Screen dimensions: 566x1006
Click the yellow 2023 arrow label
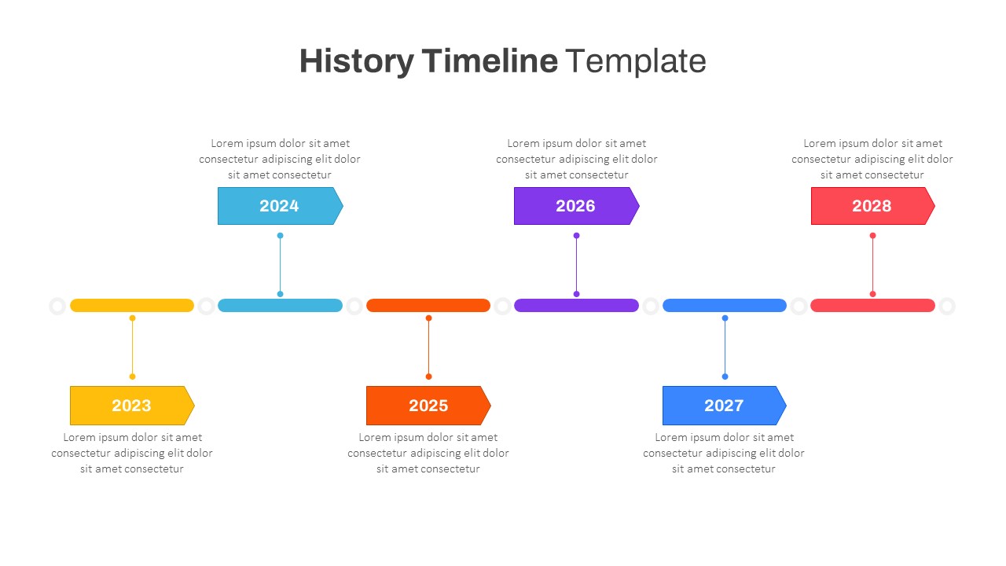click(x=131, y=406)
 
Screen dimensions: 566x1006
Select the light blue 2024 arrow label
click(x=280, y=206)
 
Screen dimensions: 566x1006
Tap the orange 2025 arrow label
click(x=428, y=406)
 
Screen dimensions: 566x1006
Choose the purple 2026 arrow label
click(x=576, y=206)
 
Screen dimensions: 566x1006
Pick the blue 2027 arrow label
click(x=724, y=406)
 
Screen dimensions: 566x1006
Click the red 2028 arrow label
click(x=872, y=206)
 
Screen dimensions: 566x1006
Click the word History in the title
click(x=356, y=61)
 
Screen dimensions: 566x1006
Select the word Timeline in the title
click(x=490, y=61)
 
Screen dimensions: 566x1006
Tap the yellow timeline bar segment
click(x=132, y=306)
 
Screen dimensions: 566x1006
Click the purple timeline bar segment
click(x=576, y=306)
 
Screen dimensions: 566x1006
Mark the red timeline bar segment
click(x=872, y=306)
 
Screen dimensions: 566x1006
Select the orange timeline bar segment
click(x=428, y=306)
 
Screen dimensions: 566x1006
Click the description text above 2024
click(x=280, y=159)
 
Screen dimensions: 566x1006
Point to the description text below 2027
click(x=724, y=453)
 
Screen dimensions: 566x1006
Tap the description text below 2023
click(x=132, y=453)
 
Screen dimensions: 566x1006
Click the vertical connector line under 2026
click(x=576, y=265)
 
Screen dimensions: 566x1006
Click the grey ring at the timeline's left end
click(x=57, y=306)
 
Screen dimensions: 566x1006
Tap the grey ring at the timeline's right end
click(x=947, y=306)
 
